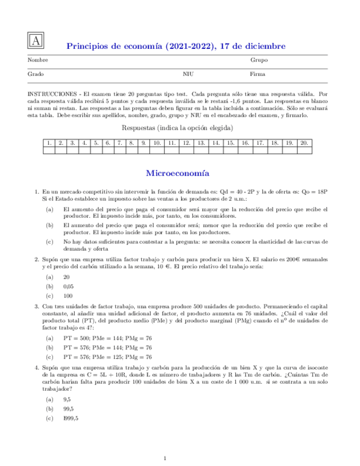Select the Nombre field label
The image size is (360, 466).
[x=38, y=60]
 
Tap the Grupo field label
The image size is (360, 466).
[x=259, y=60]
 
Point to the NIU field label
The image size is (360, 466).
[x=188, y=74]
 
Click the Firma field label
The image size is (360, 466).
[x=257, y=74]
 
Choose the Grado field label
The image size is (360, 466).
[x=36, y=74]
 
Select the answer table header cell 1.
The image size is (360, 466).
[x=49, y=143]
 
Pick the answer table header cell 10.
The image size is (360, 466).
[x=157, y=143]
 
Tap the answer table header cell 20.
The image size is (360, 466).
[x=303, y=143]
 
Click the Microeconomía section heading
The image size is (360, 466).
[x=178, y=174]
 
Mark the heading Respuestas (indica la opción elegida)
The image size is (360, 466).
[x=178, y=128]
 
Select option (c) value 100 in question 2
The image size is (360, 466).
[x=68, y=295]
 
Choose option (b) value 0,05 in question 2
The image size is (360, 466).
[x=69, y=286]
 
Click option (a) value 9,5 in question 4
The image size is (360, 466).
[x=67, y=400]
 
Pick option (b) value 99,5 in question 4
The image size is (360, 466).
[x=69, y=409]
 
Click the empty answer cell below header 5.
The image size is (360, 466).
[x=96, y=151]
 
